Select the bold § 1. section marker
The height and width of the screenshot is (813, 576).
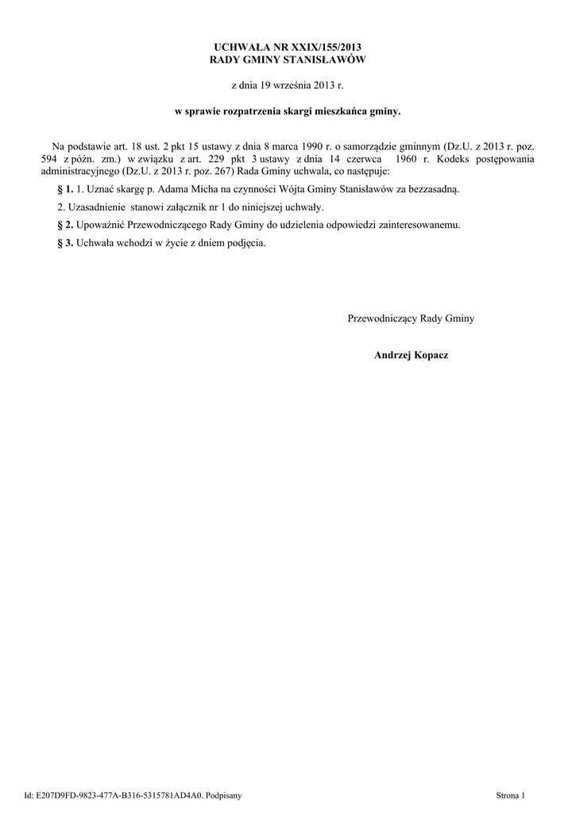click(66, 190)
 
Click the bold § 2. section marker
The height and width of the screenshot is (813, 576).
click(66, 225)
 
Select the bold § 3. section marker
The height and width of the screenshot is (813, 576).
click(66, 242)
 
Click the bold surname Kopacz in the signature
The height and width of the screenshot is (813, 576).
click(430, 355)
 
